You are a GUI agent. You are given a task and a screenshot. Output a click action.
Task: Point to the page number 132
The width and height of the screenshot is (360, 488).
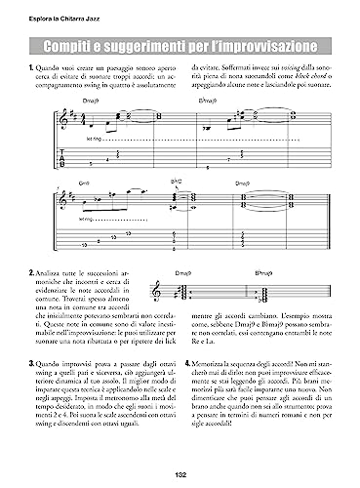(x=180, y=474)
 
